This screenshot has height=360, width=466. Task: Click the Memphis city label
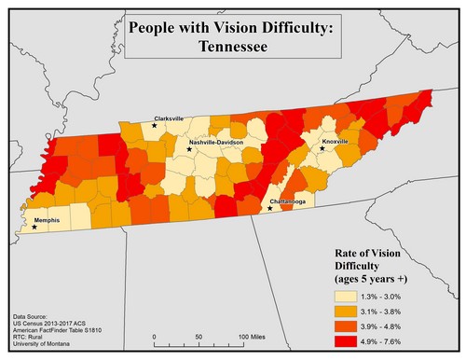47,220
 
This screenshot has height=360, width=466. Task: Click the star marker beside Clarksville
155,125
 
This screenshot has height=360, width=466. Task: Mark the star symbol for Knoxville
322,147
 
